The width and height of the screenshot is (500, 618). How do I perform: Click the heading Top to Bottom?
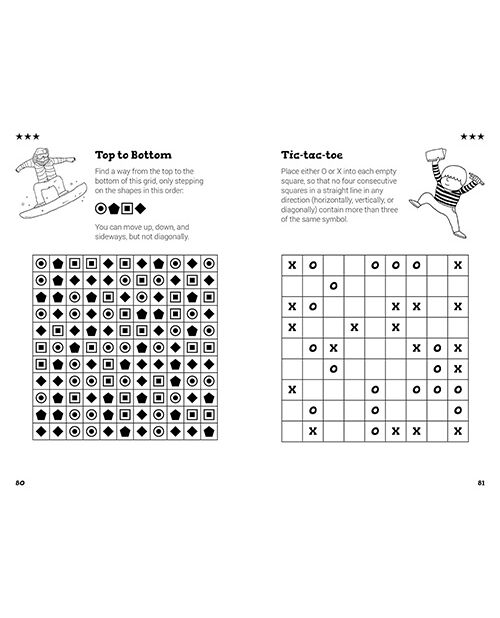pyautogui.click(x=133, y=155)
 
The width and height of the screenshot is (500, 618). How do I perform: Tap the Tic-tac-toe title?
pyautogui.click(x=312, y=155)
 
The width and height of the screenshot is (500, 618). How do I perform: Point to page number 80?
pyautogui.click(x=20, y=483)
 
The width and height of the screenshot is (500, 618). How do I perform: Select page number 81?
pyautogui.click(x=481, y=483)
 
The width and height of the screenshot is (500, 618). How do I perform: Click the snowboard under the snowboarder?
pyautogui.click(x=53, y=202)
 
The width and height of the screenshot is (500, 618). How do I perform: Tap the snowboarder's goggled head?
pyautogui.click(x=41, y=156)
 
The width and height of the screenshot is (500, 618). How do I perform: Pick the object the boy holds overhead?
pyautogui.click(x=437, y=155)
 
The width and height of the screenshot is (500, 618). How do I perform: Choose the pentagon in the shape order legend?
pyautogui.click(x=114, y=208)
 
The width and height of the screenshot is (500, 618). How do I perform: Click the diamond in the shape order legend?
pyautogui.click(x=140, y=208)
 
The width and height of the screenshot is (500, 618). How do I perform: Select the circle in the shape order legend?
pyautogui.click(x=101, y=208)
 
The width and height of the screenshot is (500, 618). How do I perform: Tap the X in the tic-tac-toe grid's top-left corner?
pyautogui.click(x=292, y=265)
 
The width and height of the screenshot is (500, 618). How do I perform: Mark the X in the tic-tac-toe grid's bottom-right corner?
pyautogui.click(x=458, y=431)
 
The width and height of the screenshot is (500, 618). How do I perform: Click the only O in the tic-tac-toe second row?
pyautogui.click(x=333, y=286)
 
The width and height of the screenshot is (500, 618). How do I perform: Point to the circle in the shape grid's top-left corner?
pyautogui.click(x=41, y=263)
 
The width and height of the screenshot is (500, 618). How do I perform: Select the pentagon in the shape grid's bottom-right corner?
pyautogui.click(x=209, y=432)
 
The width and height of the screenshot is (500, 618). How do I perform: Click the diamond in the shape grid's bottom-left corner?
pyautogui.click(x=41, y=432)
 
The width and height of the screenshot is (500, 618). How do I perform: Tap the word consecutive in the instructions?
pyautogui.click(x=376, y=181)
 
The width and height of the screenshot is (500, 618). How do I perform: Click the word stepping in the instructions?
pyautogui.click(x=189, y=181)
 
